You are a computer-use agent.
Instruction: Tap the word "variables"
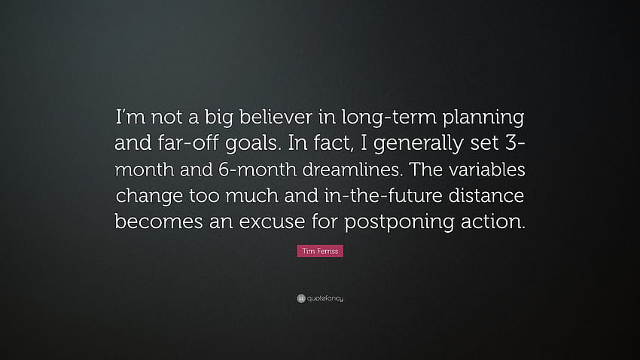pyautogui.click(x=487, y=169)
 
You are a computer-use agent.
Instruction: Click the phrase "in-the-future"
pyautogui.click(x=383, y=195)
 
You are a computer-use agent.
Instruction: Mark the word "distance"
pyautogui.click(x=486, y=195)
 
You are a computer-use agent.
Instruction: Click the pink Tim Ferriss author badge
pyautogui.click(x=320, y=251)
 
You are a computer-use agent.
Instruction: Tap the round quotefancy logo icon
pyautogui.click(x=301, y=298)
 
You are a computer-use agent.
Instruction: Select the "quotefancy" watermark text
pyautogui.click(x=325, y=298)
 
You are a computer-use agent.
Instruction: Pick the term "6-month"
pyautogui.click(x=258, y=169)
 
